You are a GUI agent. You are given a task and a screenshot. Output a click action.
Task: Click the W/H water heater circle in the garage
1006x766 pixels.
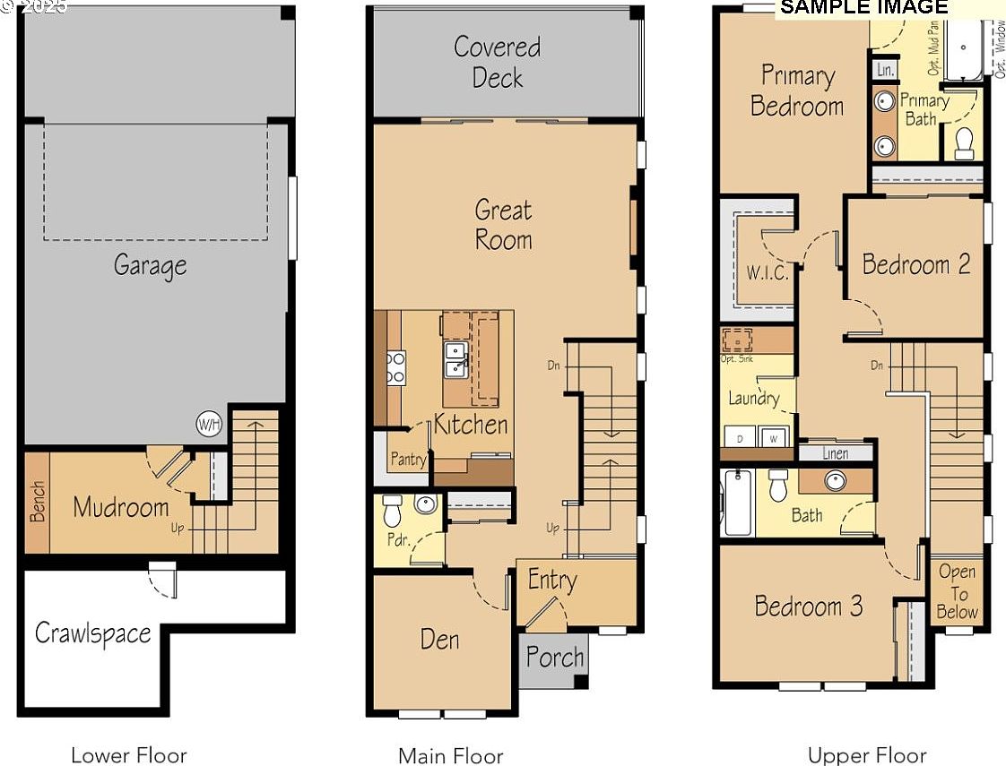208,424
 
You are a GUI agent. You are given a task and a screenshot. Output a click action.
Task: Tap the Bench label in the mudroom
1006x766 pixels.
37,503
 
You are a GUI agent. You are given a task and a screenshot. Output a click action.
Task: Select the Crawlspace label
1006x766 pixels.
92,633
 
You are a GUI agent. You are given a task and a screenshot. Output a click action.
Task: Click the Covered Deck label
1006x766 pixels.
497,62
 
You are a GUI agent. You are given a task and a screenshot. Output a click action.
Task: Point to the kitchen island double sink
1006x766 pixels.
455,357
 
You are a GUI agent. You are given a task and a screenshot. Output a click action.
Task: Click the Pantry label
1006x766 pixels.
408,459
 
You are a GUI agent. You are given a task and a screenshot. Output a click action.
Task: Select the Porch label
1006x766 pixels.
555,658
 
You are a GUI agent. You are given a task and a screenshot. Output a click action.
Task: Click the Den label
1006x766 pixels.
439,639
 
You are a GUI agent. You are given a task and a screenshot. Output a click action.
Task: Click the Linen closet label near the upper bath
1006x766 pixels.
835,454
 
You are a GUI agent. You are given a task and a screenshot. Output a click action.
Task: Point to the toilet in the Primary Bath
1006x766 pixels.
964,143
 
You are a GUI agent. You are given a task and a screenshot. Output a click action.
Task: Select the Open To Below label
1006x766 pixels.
957,592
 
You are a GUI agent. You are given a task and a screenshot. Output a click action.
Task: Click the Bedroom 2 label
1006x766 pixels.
915,264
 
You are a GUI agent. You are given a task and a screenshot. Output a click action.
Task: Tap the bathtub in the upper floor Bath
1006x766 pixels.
737,506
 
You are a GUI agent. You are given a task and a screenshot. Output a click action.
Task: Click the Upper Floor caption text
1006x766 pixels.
866,755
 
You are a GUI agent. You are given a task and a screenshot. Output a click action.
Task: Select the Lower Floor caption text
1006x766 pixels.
129,755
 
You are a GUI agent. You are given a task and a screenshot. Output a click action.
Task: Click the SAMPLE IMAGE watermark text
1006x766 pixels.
863,8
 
